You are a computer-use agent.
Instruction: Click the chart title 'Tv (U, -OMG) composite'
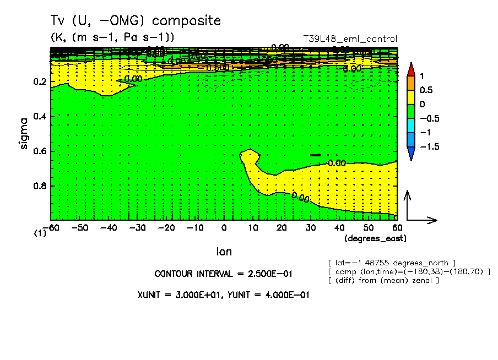(136, 21)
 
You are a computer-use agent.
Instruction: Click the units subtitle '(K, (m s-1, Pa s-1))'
(112, 37)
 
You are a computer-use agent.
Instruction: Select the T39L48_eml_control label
(350, 39)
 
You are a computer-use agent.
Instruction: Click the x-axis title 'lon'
(224, 252)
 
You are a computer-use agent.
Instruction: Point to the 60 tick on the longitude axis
(397, 227)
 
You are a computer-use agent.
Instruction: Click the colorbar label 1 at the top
(421, 75)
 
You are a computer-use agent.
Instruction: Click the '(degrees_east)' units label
(375, 238)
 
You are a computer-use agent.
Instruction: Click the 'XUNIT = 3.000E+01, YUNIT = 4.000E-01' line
(223, 294)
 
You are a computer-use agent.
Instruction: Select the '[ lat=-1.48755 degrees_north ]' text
(391, 263)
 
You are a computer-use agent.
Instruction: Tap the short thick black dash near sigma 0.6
(315, 155)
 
